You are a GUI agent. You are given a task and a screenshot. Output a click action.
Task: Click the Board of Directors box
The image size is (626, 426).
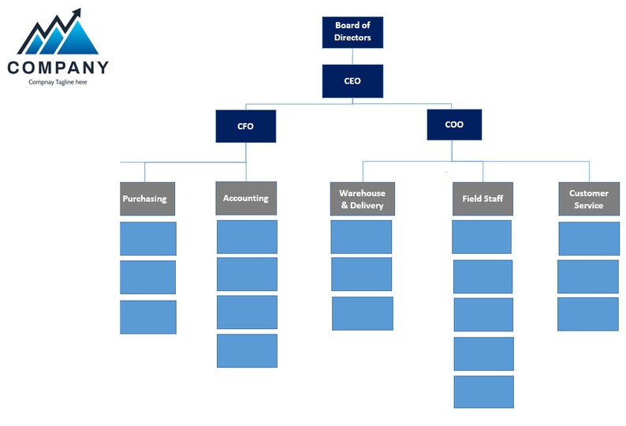(352, 32)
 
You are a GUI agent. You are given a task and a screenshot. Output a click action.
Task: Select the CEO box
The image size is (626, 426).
(352, 81)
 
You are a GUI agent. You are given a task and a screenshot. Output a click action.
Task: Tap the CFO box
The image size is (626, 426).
(246, 126)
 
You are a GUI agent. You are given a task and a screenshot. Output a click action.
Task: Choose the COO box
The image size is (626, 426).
(454, 125)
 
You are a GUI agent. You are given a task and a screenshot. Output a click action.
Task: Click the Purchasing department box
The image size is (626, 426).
(146, 199)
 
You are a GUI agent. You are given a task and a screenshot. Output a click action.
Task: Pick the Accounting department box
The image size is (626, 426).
(246, 198)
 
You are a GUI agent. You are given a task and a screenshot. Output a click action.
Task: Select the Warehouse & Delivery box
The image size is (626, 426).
(362, 199)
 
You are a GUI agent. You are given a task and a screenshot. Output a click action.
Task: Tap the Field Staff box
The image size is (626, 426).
(483, 199)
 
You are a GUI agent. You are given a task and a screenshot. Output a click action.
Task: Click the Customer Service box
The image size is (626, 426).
(589, 199)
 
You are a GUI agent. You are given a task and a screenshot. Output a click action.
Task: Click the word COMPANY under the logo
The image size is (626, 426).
(58, 68)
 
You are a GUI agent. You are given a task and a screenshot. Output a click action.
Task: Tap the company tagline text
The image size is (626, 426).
(58, 82)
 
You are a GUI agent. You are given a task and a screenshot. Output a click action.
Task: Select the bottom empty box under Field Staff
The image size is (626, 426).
(483, 392)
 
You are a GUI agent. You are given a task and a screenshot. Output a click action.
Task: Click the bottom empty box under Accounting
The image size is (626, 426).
(247, 351)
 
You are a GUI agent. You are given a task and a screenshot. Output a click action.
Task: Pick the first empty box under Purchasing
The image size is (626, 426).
(147, 238)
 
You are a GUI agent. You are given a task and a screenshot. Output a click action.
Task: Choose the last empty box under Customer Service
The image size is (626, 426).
(588, 314)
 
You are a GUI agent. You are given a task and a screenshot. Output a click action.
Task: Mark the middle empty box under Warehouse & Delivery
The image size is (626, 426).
(361, 275)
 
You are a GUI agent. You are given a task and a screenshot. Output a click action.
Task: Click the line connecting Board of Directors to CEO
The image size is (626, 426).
(352, 56)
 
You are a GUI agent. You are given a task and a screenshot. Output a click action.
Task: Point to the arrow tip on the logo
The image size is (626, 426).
(77, 11)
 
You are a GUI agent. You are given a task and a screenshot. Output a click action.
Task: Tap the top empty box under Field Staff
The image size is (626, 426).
(482, 237)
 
